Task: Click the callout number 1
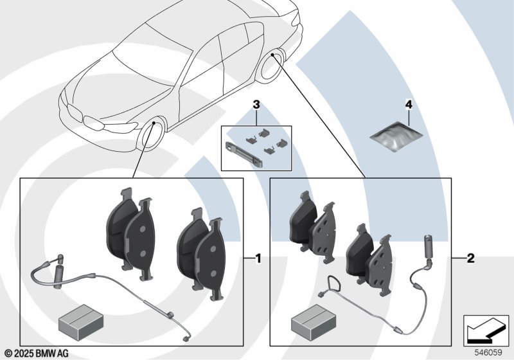pos(258,259)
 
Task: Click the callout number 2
pos(470,259)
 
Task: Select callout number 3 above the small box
pos(256,104)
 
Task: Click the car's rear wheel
pos(272,68)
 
